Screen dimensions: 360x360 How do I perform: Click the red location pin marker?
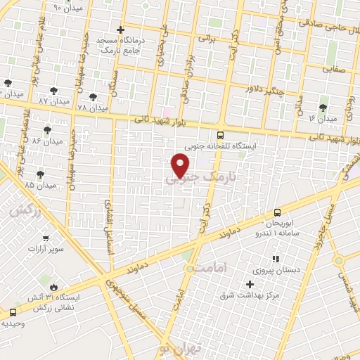click(x=181, y=166)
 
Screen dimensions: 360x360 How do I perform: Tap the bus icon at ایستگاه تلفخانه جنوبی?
click(x=221, y=136)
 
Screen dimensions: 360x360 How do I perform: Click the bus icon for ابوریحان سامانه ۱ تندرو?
click(x=277, y=212)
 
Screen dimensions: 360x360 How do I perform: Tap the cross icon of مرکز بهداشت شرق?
click(x=250, y=284)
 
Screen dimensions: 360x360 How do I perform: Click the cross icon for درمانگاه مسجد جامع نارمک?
click(x=121, y=30)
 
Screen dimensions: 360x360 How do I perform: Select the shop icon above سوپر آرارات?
click(x=46, y=239)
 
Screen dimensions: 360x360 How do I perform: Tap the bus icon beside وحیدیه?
click(x=13, y=311)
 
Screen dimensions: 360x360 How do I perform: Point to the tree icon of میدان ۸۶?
click(x=47, y=130)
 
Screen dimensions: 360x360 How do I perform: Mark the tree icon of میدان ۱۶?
click(x=323, y=108)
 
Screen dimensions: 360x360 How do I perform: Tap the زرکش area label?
click(x=23, y=210)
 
